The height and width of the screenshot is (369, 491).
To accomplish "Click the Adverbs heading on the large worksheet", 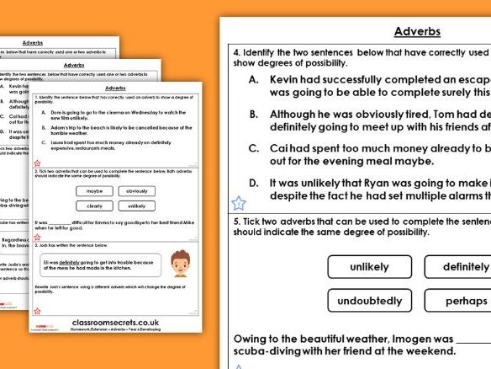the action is (x=417, y=32).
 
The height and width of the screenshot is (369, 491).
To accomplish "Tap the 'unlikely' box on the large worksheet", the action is (x=369, y=267).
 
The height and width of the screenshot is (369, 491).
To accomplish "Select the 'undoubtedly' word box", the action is (x=369, y=300).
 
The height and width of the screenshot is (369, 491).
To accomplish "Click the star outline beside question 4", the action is (x=239, y=202).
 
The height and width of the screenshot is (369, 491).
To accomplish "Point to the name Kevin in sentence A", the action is (x=288, y=79).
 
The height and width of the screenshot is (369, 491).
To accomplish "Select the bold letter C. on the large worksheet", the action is (x=253, y=147).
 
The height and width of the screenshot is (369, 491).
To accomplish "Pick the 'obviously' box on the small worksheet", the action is (x=137, y=191).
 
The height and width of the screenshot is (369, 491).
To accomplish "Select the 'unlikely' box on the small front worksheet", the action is (x=137, y=206).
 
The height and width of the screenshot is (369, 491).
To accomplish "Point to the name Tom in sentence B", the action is (x=414, y=114).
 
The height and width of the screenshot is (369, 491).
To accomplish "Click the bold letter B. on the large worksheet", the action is (x=253, y=114).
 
